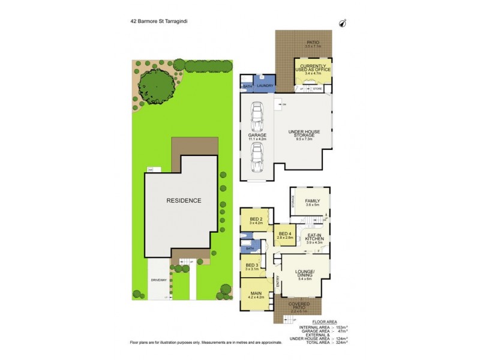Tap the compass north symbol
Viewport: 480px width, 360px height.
point(343,23)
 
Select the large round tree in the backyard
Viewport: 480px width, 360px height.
point(157,88)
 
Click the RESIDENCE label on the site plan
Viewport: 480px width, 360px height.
point(184,200)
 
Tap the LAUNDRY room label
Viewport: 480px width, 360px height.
point(265,86)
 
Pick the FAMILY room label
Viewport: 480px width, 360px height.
point(312,202)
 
